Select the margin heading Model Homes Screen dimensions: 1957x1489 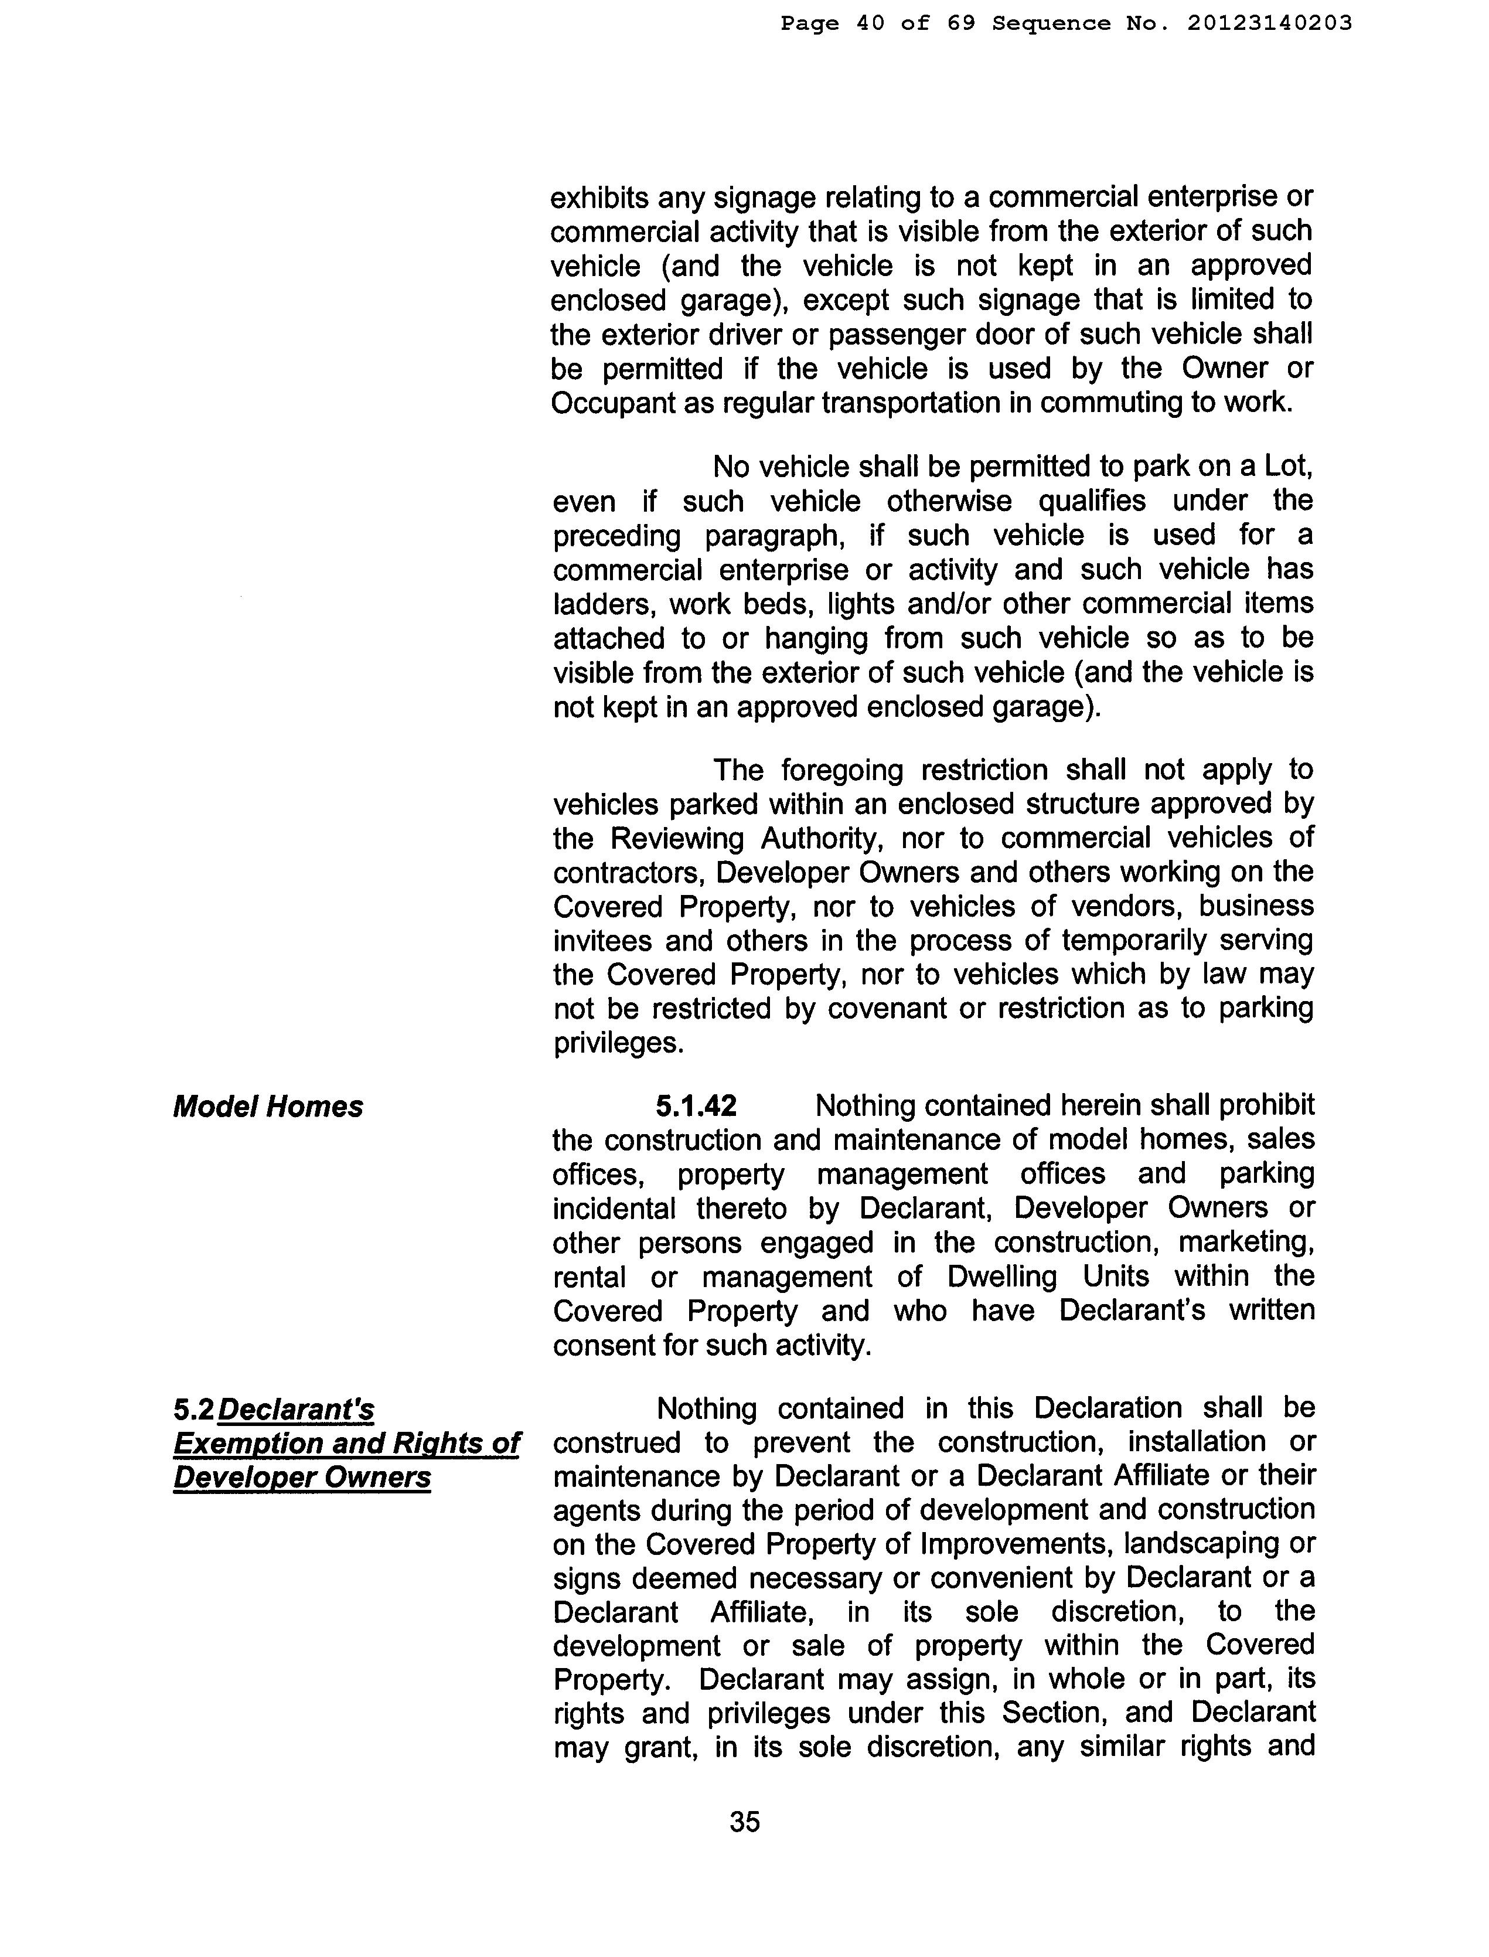268,1107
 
